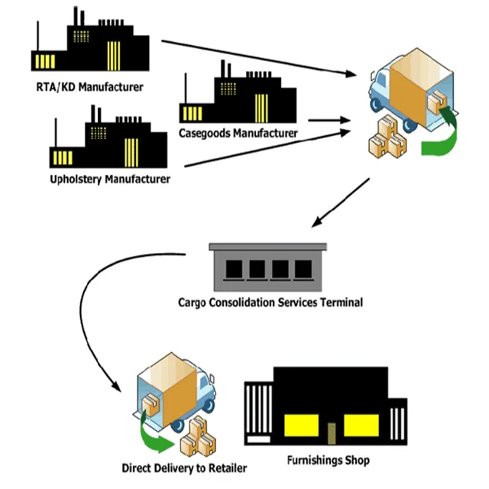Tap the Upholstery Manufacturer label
coord(105,180)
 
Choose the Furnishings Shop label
coord(328,461)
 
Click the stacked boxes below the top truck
coord(385,138)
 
